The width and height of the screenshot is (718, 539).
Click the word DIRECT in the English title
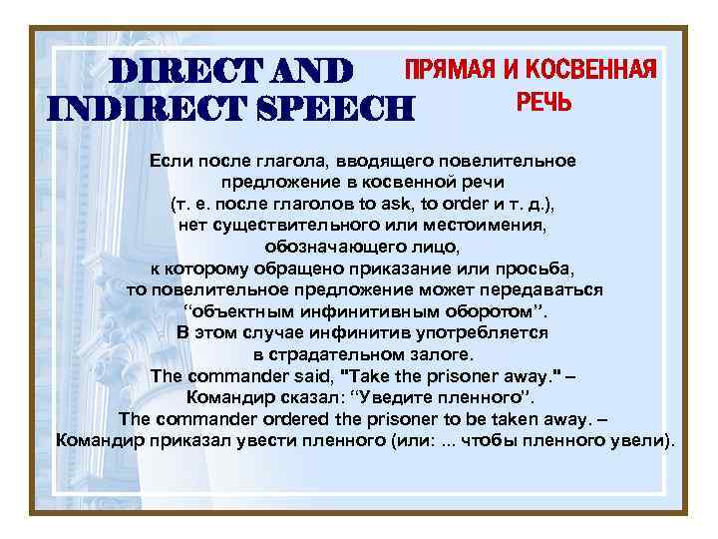pos(175,71)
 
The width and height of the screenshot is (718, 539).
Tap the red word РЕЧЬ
pos(543,102)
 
